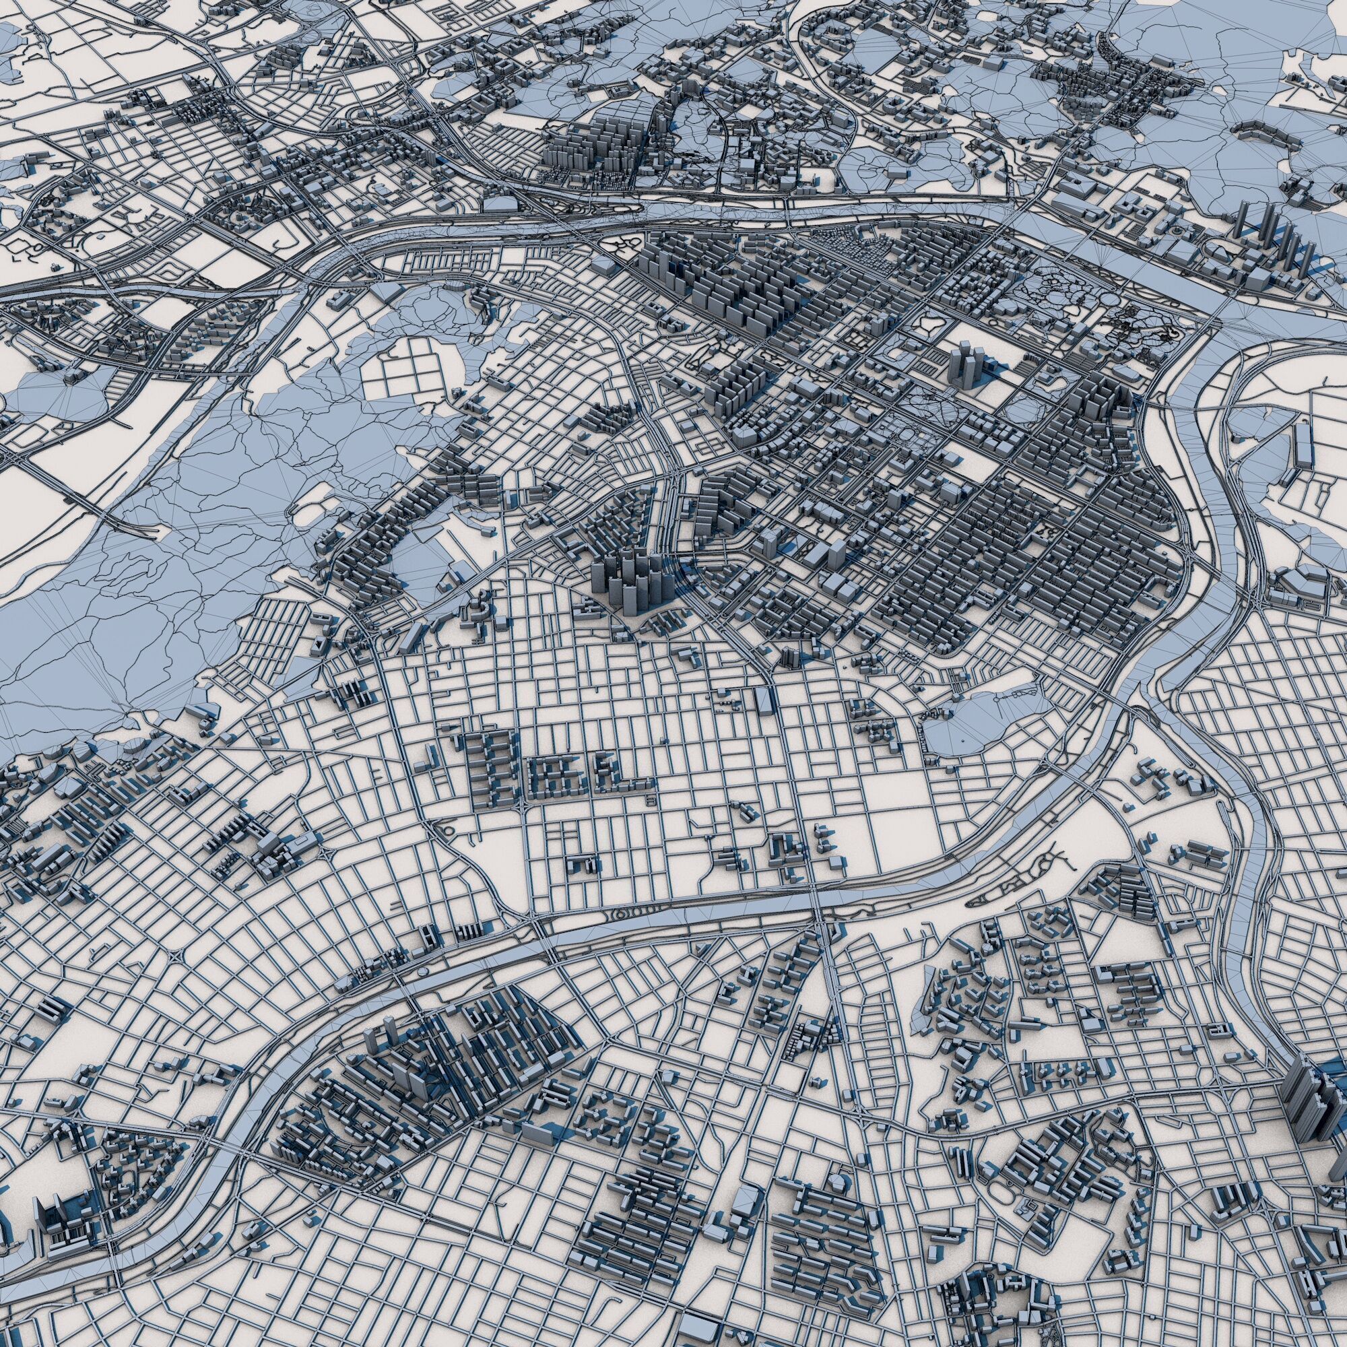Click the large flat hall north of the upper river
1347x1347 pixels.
502,203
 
